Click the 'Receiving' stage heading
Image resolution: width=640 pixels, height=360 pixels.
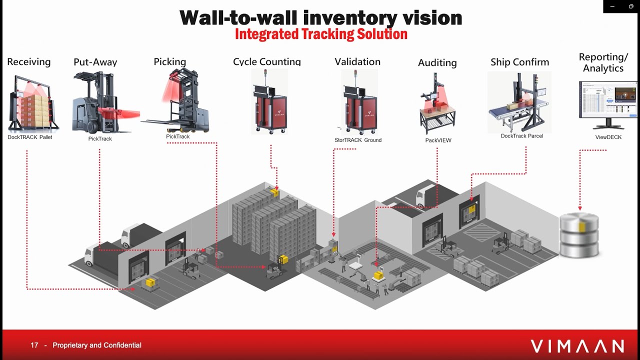pyautogui.click(x=29, y=62)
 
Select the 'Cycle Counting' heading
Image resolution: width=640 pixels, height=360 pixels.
pyautogui.click(x=266, y=62)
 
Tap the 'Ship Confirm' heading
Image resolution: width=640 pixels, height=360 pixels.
pyautogui.click(x=519, y=62)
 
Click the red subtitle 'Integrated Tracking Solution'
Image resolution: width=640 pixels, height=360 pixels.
pyautogui.click(x=321, y=34)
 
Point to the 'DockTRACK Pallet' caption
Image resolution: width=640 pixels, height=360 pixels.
pyautogui.click(x=30, y=137)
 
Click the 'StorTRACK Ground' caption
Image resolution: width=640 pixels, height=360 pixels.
pyautogui.click(x=357, y=140)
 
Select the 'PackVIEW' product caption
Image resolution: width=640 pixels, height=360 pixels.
pyautogui.click(x=438, y=140)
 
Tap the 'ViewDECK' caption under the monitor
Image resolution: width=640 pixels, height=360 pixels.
pyautogui.click(x=608, y=137)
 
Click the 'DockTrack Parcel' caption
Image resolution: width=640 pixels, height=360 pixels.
pyautogui.click(x=521, y=136)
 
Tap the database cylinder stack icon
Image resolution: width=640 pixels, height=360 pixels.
pyautogui.click(x=579, y=235)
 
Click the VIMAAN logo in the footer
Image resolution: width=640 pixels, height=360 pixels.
pyautogui.click(x=577, y=346)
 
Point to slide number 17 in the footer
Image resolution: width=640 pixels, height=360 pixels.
pyautogui.click(x=34, y=345)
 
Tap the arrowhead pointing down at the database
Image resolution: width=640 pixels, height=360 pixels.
pyautogui.click(x=579, y=208)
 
